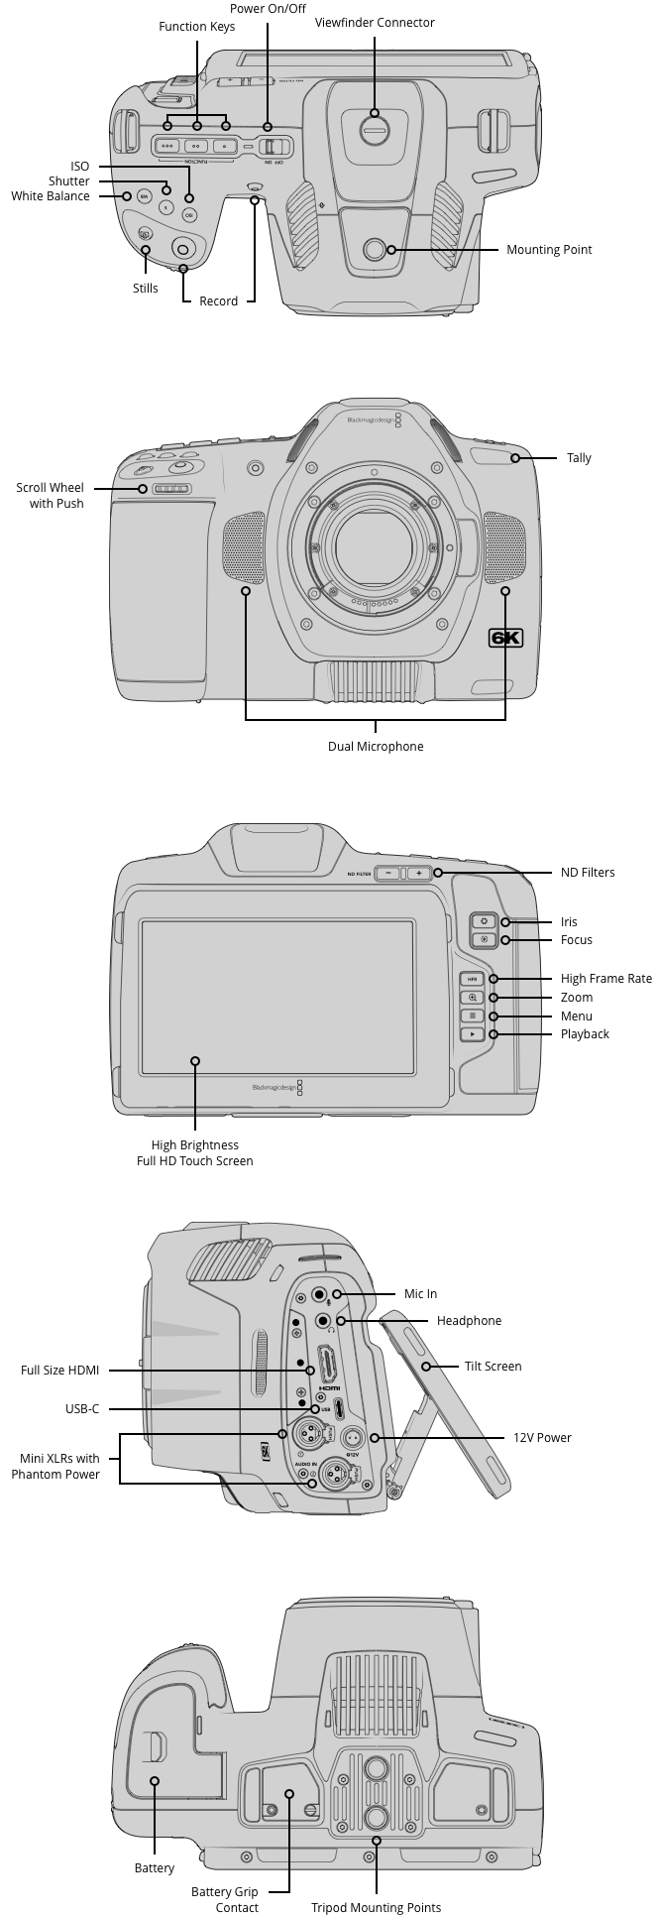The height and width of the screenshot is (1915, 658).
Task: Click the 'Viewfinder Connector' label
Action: [375, 23]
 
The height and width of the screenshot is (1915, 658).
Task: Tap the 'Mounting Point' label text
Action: [549, 250]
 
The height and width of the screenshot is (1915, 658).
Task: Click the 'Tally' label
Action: [579, 458]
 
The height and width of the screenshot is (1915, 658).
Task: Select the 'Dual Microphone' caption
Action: [376, 747]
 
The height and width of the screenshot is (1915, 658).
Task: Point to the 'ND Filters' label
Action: [588, 873]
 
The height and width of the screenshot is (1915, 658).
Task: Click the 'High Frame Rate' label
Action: [605, 979]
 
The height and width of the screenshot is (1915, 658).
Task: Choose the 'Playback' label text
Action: [585, 1034]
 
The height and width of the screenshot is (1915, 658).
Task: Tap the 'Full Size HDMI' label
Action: [59, 1371]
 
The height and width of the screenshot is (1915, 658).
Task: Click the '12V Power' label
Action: [542, 1438]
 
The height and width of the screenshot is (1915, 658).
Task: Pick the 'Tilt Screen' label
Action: [493, 1367]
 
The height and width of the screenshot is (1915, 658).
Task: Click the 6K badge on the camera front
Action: [505, 639]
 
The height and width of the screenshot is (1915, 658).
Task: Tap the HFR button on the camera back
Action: [473, 979]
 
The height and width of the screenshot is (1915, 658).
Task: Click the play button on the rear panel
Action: [473, 1034]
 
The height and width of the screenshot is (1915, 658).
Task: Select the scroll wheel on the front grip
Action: [171, 489]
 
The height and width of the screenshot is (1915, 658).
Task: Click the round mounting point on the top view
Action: [374, 250]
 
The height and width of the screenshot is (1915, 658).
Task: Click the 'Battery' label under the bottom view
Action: [155, 1868]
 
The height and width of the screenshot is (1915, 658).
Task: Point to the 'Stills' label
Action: [146, 289]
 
